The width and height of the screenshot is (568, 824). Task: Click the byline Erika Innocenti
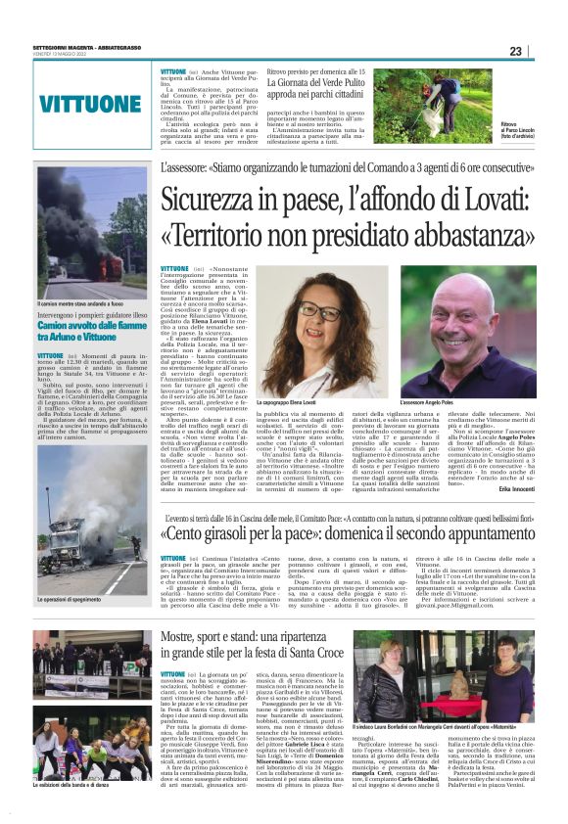[509, 486]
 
